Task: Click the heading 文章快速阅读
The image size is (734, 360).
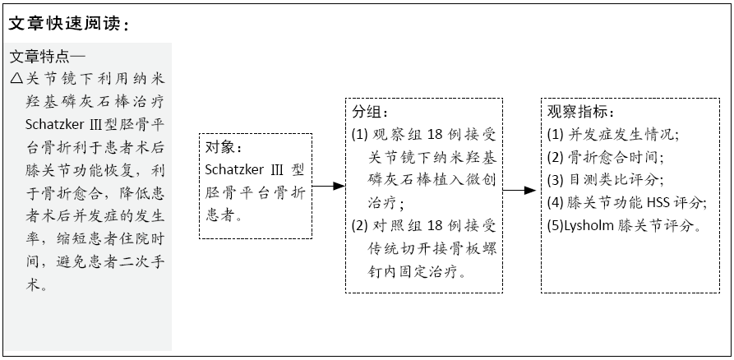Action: [63, 23]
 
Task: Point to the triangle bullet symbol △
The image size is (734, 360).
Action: [16, 78]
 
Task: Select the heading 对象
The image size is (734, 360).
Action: [220, 147]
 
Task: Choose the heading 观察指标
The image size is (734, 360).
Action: [578, 112]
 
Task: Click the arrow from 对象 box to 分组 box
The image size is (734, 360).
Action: [329, 186]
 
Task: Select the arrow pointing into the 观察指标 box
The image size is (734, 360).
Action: [519, 191]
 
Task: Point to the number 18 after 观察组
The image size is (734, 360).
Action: [435, 134]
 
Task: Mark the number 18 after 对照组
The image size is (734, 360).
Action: [435, 226]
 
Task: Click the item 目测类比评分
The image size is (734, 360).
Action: [615, 180]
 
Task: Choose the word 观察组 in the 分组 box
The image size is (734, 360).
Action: [396, 134]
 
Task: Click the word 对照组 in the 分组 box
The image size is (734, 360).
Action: [396, 226]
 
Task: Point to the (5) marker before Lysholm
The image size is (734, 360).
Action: [556, 226]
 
